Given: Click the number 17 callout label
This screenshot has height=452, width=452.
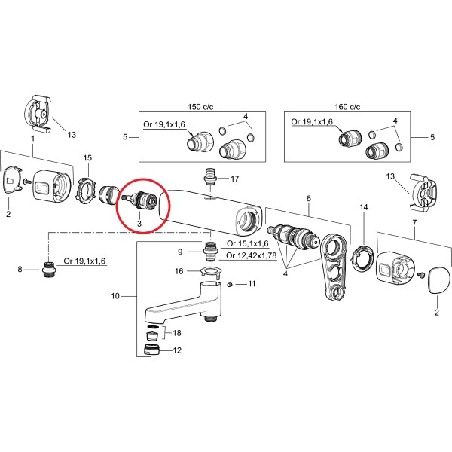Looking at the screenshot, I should coord(234,179).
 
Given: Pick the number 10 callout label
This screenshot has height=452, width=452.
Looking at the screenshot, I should coord(115,296).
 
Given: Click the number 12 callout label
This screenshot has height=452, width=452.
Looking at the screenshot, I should coord(178,350).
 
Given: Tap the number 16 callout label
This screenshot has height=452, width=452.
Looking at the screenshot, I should coord(179,271).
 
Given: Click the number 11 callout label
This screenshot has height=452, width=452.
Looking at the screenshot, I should coord(252,284).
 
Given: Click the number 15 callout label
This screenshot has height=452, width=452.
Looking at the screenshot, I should coord(87,157).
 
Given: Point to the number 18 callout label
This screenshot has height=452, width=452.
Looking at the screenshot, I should coord(178,333).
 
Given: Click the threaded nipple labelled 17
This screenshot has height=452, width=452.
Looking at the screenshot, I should coord(211,180).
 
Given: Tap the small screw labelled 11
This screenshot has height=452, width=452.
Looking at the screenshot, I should coord(229,284).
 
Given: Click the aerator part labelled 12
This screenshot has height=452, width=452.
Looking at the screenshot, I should coord(151,350).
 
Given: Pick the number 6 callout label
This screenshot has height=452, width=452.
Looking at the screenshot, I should coord(308,199).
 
